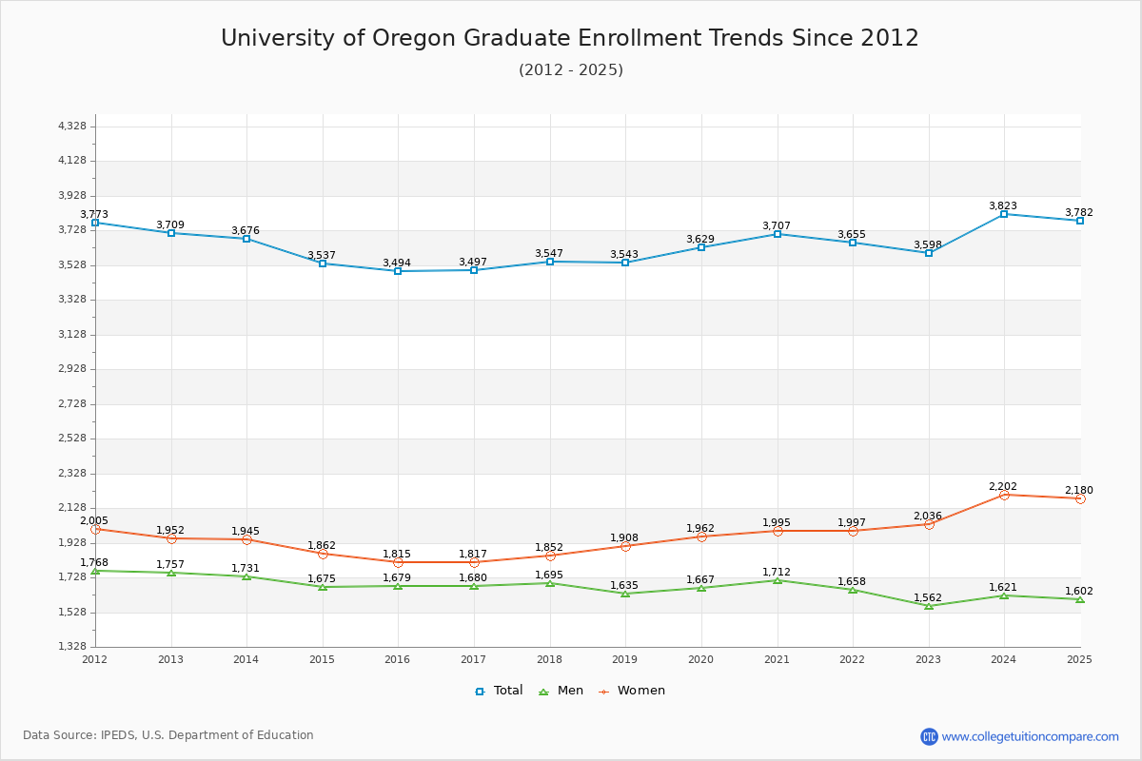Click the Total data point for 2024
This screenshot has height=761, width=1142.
click(1004, 214)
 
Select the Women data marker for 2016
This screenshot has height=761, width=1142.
click(398, 562)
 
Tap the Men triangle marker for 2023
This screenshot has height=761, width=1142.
click(929, 606)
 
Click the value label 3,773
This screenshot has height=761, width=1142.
click(94, 215)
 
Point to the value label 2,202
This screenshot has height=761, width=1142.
click(1003, 487)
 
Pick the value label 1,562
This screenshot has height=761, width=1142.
click(928, 598)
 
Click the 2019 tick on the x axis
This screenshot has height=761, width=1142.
click(625, 659)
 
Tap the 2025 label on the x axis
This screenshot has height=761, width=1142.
click(1080, 659)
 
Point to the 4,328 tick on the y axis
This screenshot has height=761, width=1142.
click(72, 127)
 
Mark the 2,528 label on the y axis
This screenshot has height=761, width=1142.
click(72, 439)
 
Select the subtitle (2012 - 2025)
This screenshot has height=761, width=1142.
click(571, 70)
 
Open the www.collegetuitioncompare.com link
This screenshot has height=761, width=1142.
click(1030, 736)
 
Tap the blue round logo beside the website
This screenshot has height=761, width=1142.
click(929, 736)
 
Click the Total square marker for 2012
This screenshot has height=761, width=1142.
click(95, 223)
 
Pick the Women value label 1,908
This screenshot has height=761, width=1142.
click(624, 538)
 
